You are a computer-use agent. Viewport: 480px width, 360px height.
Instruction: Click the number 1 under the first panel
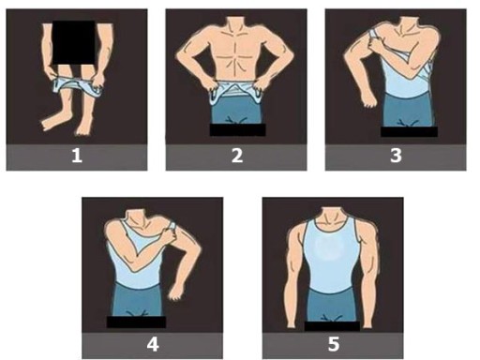pyautogui.click(x=77, y=156)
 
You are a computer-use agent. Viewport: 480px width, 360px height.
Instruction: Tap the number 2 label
pyautogui.click(x=237, y=156)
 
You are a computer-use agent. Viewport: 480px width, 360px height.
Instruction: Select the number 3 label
pyautogui.click(x=396, y=156)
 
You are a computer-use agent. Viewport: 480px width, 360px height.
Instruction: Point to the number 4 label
pyautogui.click(x=153, y=344)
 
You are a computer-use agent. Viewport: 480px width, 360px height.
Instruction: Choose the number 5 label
pyautogui.click(x=334, y=344)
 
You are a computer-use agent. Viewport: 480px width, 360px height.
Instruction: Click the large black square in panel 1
pyautogui.click(x=74, y=42)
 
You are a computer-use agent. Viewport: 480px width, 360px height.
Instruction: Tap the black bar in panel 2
pyautogui.click(x=237, y=129)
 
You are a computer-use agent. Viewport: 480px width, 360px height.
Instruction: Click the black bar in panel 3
pyautogui.click(x=409, y=131)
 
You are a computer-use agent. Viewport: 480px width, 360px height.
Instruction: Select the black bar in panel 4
pyautogui.click(x=136, y=322)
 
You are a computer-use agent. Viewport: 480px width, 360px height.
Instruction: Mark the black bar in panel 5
pyautogui.click(x=332, y=326)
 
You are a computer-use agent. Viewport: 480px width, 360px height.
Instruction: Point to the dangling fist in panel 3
pyautogui.click(x=369, y=100)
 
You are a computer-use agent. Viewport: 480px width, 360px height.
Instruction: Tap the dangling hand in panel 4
pyautogui.click(x=176, y=293)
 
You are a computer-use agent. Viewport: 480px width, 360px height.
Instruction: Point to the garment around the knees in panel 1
pyautogui.click(x=78, y=86)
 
